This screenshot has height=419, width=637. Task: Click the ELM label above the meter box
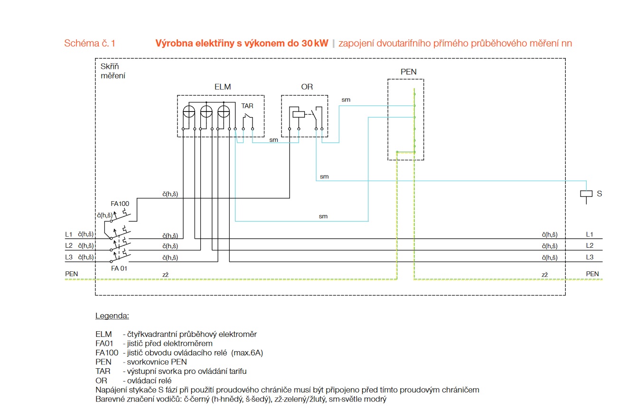tap(223, 87)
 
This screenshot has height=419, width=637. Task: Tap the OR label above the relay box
tap(307, 87)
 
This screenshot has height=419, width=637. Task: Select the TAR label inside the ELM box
tap(247, 106)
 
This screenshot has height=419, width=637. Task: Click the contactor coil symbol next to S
tap(586, 194)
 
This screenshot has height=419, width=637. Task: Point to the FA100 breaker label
tap(120, 204)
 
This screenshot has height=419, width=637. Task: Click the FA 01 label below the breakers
tap(119, 269)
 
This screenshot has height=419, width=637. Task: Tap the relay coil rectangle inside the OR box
tap(299, 114)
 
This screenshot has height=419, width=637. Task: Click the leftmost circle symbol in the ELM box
tap(189, 112)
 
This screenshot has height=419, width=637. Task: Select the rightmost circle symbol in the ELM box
tap(224, 112)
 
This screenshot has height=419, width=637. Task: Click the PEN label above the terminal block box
tap(408, 72)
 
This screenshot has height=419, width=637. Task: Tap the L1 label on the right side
tap(590, 234)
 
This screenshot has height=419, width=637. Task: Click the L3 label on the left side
tap(69, 257)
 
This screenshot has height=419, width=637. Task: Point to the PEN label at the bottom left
tap(71, 274)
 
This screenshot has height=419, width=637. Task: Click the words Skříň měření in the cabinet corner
tap(113, 71)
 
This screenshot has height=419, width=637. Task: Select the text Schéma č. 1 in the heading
tap(90, 43)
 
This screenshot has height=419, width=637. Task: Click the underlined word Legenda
tap(112, 316)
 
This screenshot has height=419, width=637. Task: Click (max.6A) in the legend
tap(247, 353)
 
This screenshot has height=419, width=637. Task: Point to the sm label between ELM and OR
tap(273, 140)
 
